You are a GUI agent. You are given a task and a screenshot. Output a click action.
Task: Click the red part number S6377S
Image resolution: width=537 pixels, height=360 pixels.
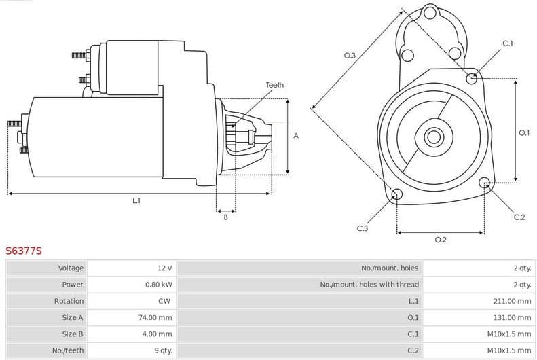[x=24, y=251]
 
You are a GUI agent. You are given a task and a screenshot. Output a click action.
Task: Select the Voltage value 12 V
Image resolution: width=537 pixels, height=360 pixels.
[x=164, y=268]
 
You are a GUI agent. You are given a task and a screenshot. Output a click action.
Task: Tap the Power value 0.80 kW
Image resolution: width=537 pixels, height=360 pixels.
[x=158, y=285]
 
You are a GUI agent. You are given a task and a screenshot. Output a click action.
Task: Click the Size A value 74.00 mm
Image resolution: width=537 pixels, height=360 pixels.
[x=155, y=317]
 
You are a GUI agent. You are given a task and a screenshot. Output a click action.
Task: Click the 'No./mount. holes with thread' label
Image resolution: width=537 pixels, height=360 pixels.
[x=369, y=285]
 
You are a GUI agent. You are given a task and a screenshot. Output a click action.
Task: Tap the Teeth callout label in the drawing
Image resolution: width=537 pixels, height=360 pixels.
[x=274, y=85]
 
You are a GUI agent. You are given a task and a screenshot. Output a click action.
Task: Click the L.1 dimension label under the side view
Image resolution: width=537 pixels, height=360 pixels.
[x=136, y=200]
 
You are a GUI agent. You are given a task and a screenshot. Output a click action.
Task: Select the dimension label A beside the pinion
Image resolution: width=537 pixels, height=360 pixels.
[x=296, y=136]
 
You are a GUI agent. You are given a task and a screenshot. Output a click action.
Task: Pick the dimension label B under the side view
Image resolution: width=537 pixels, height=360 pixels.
[x=225, y=217]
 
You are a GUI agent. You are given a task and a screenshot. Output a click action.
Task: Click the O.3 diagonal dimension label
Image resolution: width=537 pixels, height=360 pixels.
[x=350, y=56]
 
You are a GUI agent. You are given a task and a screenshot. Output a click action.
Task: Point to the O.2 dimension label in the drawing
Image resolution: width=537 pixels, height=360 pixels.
[x=440, y=239]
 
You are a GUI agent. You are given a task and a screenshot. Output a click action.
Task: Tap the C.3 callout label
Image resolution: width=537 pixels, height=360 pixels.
[x=362, y=228]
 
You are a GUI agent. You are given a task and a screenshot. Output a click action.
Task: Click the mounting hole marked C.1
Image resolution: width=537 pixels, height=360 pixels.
[x=472, y=78]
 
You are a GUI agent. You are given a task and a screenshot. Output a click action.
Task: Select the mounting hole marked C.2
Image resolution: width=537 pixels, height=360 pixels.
[x=485, y=183]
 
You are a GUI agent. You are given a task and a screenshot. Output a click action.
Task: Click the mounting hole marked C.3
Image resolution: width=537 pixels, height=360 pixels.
[x=397, y=196]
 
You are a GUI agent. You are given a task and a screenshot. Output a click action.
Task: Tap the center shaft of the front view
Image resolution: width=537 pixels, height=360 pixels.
[x=433, y=137]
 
